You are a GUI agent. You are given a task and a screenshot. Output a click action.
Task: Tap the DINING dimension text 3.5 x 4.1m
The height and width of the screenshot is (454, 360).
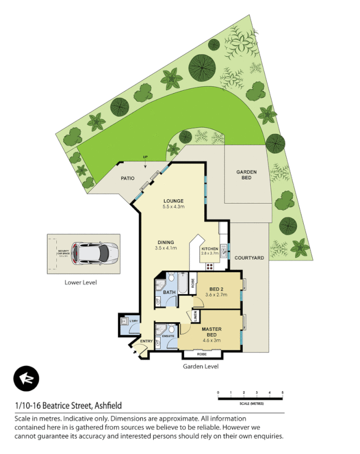coord(167,248)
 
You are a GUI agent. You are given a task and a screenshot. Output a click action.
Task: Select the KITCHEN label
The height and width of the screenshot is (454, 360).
coord(209,249)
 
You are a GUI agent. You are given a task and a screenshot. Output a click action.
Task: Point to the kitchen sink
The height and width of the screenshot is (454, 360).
coord(224,248)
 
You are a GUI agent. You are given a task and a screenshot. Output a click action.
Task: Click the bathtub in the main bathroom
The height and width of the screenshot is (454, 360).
coord(185,283)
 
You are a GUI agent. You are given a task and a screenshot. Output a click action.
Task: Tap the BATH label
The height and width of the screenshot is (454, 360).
coord(169,293)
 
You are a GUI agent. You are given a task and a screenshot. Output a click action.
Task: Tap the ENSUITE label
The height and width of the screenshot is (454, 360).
coord(168,336)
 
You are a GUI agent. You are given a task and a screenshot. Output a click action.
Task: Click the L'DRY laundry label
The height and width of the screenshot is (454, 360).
coord(134,322)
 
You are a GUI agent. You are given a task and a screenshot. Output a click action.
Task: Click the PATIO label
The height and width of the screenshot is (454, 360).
coord(127,178)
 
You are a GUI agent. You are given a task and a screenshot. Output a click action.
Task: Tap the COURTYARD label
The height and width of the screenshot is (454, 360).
coord(249,258)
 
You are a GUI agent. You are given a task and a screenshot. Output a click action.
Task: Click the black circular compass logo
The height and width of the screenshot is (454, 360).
coord(25,378)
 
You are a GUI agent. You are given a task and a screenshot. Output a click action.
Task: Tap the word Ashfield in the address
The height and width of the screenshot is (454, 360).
coord(106,406)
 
